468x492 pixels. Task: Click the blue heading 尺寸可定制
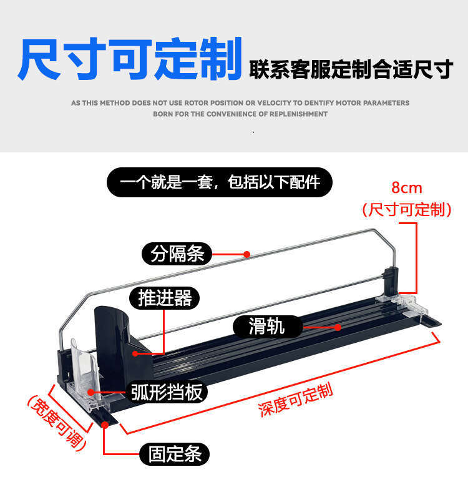click(x=130, y=60)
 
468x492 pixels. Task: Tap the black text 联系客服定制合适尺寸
click(x=350, y=70)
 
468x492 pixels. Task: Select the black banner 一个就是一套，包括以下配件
click(x=220, y=182)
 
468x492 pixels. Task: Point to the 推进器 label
click(x=165, y=298)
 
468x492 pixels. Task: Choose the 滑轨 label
click(x=267, y=326)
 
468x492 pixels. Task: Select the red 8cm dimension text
click(x=407, y=187)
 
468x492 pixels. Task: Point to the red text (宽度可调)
click(x=56, y=421)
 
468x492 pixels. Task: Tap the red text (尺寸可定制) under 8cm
click(x=407, y=209)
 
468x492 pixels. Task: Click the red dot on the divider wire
click(x=247, y=254)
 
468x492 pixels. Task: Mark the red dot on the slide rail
click(x=338, y=327)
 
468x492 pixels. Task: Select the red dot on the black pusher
click(x=136, y=353)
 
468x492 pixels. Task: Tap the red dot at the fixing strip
click(x=105, y=425)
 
